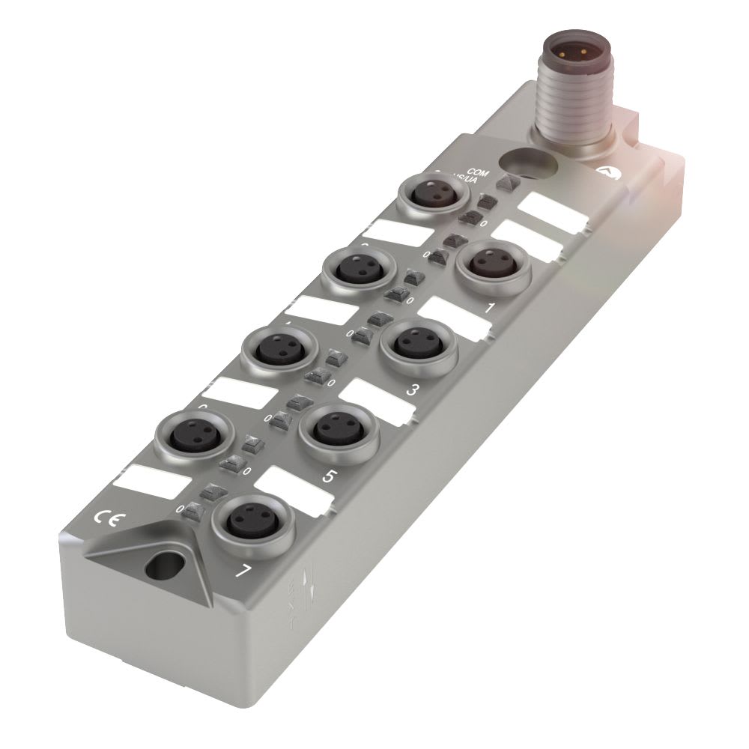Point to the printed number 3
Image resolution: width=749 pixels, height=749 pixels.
(x=411, y=389)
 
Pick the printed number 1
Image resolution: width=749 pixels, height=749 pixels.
(x=491, y=307)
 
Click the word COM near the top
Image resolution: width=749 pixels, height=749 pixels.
(x=478, y=173)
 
